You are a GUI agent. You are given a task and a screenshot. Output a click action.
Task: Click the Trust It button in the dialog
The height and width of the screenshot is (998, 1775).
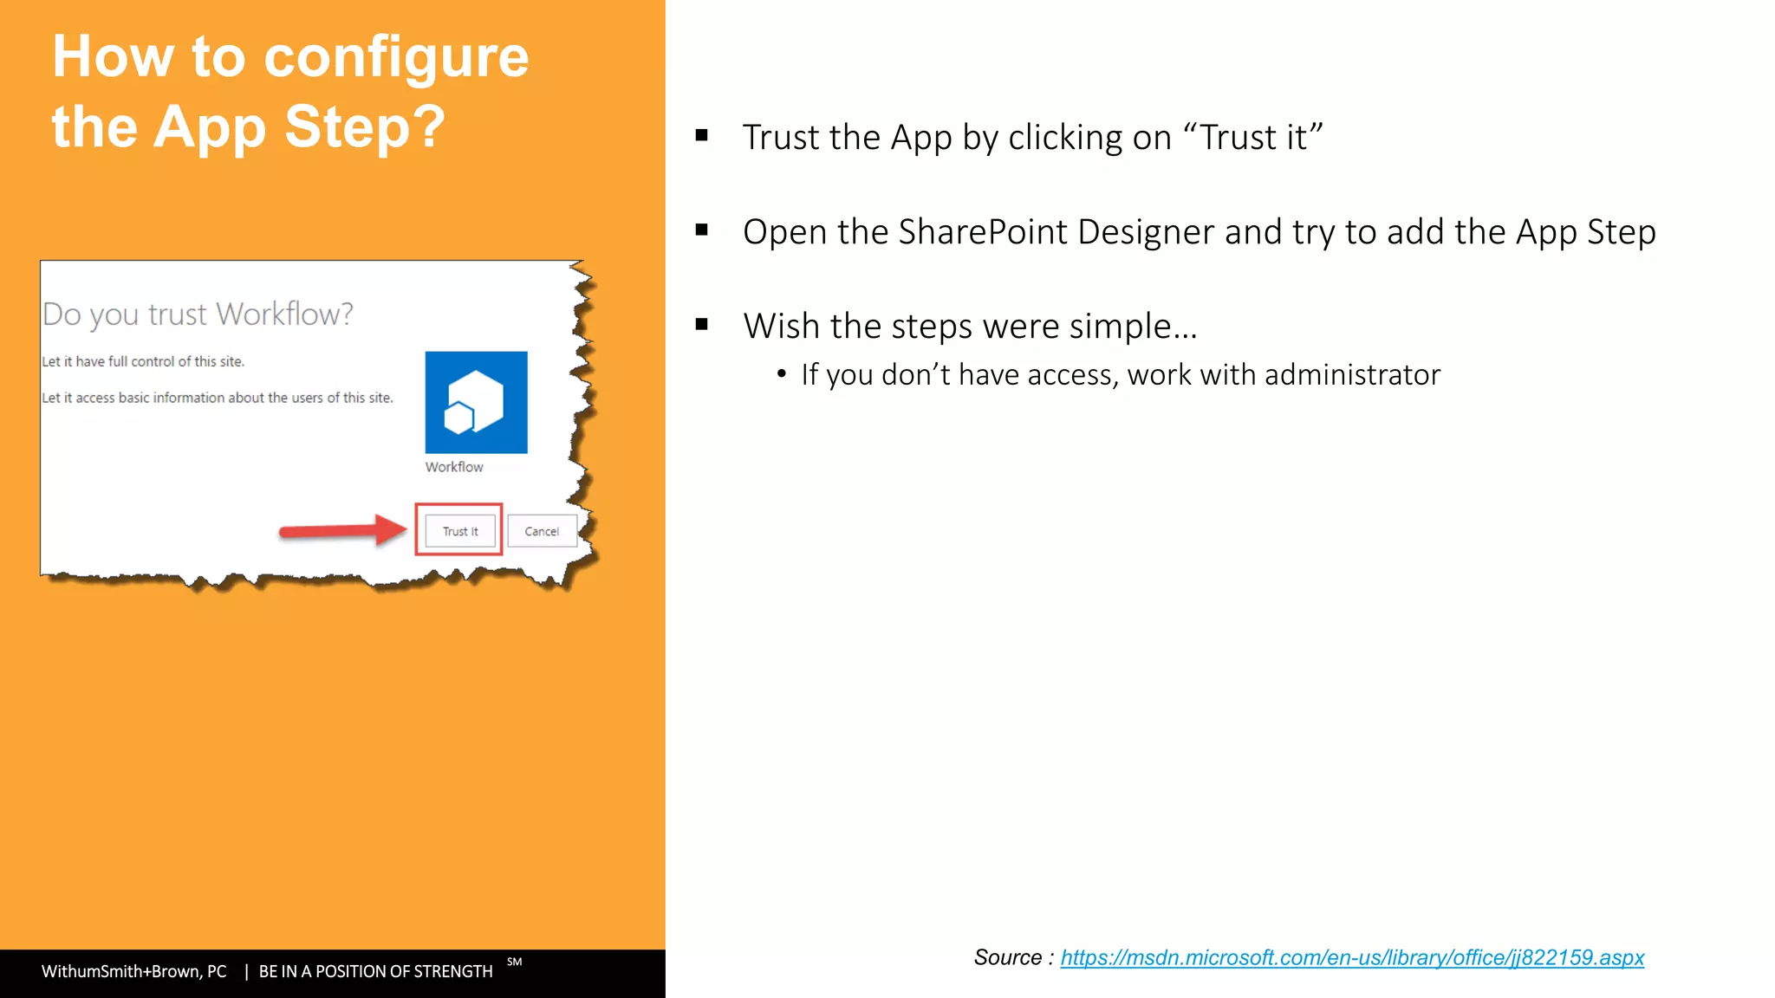[460, 531]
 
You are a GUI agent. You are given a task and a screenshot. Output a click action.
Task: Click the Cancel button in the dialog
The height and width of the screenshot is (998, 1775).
[542, 531]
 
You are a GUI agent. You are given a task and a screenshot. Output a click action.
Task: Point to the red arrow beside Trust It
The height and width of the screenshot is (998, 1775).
[341, 529]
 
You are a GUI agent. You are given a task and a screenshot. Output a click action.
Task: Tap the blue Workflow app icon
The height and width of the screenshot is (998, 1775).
[476, 402]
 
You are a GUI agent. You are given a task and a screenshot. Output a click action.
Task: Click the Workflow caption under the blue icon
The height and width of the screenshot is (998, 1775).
[454, 467]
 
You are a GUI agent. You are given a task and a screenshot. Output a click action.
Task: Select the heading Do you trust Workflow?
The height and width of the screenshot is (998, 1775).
[198, 314]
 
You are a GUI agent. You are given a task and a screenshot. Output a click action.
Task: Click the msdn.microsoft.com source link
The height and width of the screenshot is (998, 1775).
[1351, 957]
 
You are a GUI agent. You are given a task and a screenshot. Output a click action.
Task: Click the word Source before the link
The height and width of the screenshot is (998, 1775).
[1007, 957]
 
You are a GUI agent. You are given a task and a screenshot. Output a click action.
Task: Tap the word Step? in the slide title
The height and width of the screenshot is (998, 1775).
[365, 127]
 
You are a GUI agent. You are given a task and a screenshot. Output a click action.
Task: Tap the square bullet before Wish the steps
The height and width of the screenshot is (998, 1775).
[702, 325]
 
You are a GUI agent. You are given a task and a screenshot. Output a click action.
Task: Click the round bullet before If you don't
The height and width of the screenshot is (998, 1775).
[782, 374]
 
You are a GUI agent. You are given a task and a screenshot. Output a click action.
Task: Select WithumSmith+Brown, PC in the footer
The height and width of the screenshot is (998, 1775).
[134, 971]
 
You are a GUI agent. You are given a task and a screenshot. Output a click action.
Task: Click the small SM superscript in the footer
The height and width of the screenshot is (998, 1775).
[514, 962]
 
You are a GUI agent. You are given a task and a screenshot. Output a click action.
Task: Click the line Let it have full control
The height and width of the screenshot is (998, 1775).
[143, 361]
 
